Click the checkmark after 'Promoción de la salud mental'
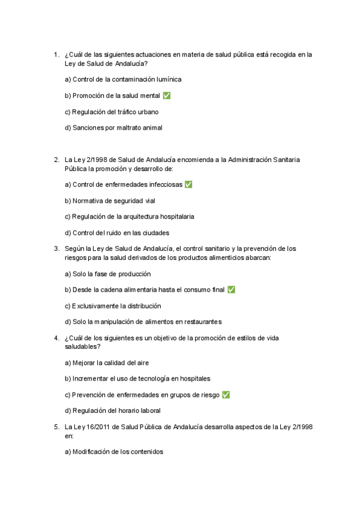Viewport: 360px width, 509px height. pos(167,95)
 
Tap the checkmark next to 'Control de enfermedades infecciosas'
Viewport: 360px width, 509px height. pos(188,185)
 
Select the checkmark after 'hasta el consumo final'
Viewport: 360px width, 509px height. pos(231,290)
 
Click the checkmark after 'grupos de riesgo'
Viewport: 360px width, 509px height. pos(226,395)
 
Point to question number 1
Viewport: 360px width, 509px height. pos(56,54)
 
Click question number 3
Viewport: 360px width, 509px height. pos(56,248)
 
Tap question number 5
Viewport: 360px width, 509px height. pos(56,427)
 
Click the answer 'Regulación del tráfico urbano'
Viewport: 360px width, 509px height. pos(111,112)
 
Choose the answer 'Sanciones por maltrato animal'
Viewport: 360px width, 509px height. pos(113,128)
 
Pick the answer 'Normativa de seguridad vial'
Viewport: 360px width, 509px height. pos(109,201)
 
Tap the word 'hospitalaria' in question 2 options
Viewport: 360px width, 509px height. pos(175,217)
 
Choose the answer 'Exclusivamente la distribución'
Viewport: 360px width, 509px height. pos(112,306)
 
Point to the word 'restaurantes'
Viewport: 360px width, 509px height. pos(202,322)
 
